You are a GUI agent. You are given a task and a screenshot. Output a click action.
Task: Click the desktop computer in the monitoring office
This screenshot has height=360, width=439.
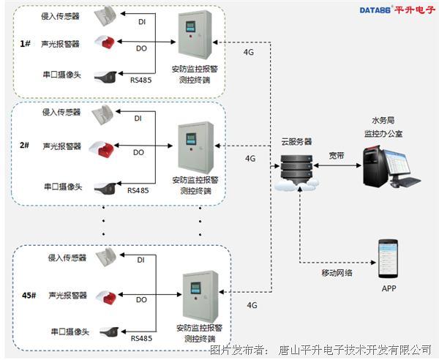tap(391, 165)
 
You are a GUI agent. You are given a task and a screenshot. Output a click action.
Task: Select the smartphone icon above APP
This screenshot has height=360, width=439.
tap(388, 258)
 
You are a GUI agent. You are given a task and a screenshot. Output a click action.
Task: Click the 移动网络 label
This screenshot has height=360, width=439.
tap(337, 272)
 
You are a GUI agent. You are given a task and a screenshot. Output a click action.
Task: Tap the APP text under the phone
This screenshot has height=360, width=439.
tap(389, 288)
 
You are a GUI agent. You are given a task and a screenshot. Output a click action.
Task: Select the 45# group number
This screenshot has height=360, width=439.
tap(27, 295)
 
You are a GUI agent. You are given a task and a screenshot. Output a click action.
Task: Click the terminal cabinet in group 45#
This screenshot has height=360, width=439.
tap(200, 296)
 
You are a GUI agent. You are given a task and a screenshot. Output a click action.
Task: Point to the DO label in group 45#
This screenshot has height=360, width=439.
tap(140, 300)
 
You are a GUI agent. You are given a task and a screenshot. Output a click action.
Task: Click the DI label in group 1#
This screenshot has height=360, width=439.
tap(142, 21)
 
